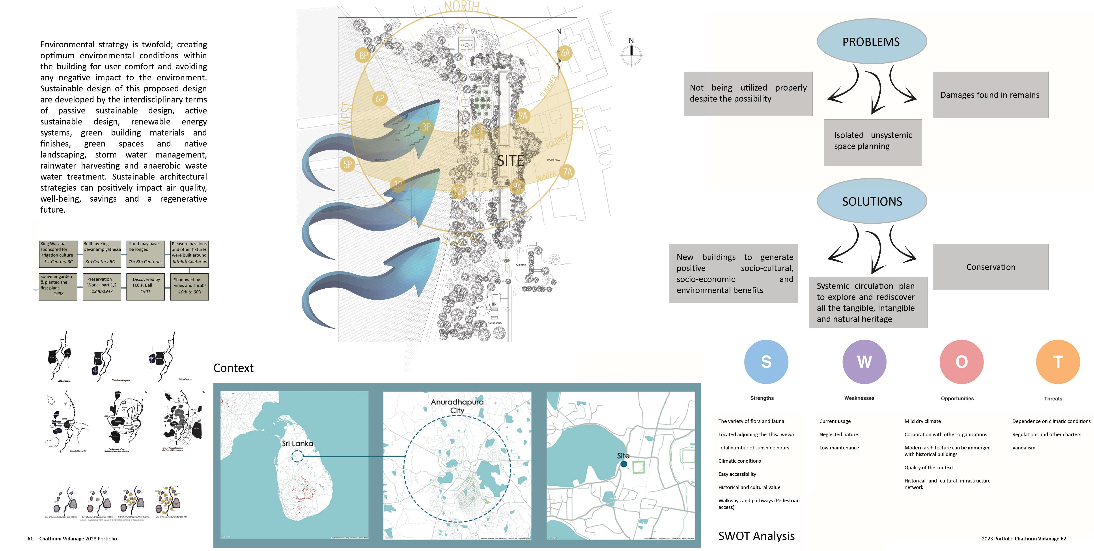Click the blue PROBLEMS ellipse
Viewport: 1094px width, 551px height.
pyautogui.click(x=872, y=42)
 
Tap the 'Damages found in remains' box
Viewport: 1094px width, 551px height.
pyautogui.click(x=990, y=95)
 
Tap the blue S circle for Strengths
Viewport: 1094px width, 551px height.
pyautogui.click(x=766, y=362)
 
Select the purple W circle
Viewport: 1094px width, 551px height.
pyautogui.click(x=864, y=362)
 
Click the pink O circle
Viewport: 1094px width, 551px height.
pyautogui.click(x=961, y=362)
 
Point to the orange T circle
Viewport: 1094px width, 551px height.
pyautogui.click(x=1058, y=362)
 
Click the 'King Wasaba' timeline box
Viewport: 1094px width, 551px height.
pyautogui.click(x=58, y=253)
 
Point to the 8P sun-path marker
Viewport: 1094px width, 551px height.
pyautogui.click(x=364, y=55)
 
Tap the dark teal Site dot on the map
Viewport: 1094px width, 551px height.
pyautogui.click(x=624, y=464)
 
